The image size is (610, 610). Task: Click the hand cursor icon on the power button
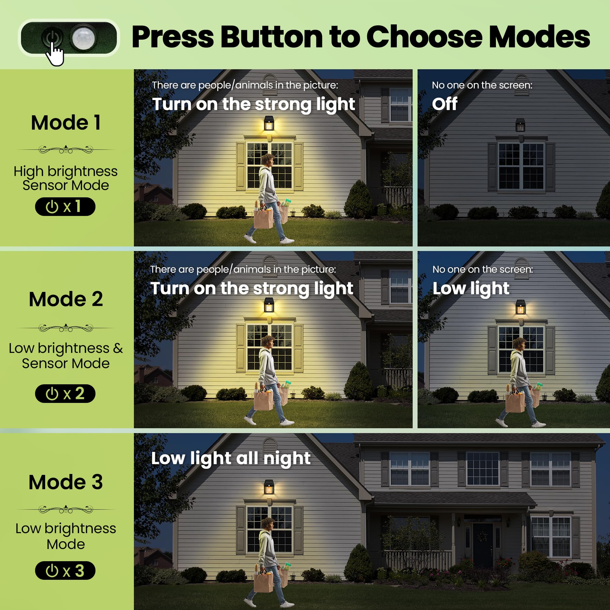click(x=55, y=55)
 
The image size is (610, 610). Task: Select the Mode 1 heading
click(x=66, y=123)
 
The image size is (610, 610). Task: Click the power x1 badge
click(x=65, y=207)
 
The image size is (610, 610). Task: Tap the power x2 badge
click(x=65, y=393)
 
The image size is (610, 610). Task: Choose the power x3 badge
click(x=65, y=571)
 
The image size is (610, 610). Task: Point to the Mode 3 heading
click(x=66, y=482)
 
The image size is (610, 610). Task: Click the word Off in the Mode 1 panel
click(x=445, y=104)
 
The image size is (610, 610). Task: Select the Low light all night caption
click(x=231, y=458)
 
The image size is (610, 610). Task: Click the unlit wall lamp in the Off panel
click(x=520, y=125)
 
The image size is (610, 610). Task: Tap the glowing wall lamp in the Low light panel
click(x=520, y=307)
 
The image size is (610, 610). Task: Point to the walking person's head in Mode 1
click(x=268, y=160)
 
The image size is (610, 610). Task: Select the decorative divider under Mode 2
click(x=66, y=328)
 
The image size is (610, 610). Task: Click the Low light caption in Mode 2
click(x=471, y=288)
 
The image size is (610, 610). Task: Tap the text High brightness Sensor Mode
click(x=66, y=178)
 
